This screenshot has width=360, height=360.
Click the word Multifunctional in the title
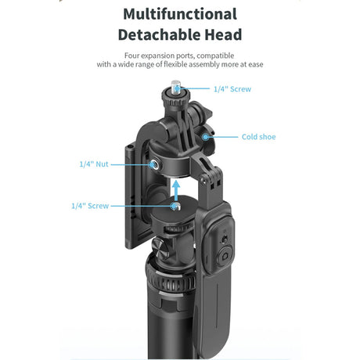coord(180,14)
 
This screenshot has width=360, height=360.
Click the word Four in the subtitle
coord(133,56)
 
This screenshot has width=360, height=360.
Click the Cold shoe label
coord(258,137)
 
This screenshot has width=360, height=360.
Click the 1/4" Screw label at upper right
coord(233,89)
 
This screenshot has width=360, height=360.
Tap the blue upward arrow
coord(178,189)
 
